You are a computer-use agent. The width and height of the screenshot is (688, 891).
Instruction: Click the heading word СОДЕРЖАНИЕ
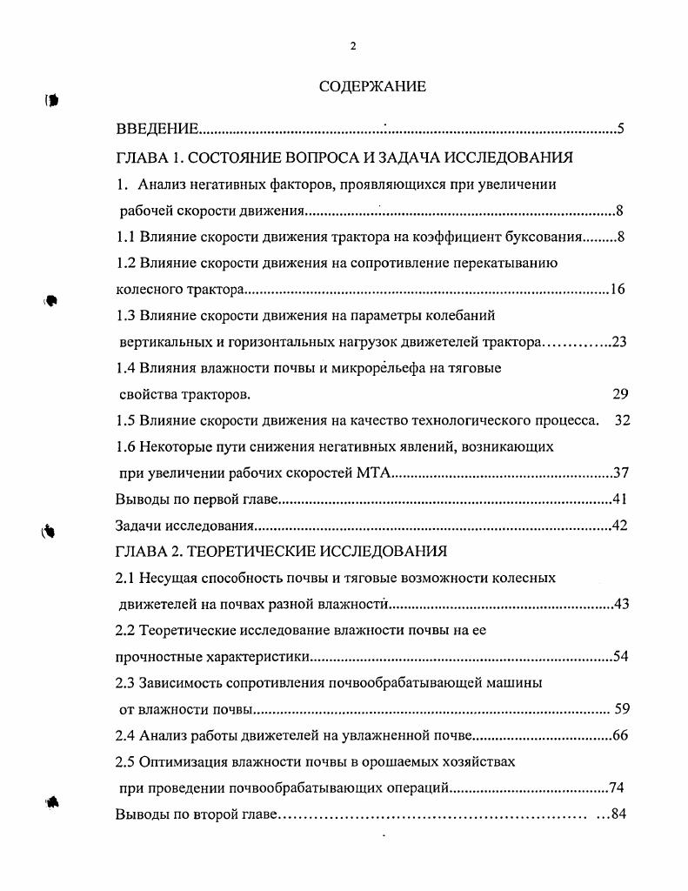tap(372, 86)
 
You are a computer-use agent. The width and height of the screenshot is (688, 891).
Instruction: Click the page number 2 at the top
tap(352, 46)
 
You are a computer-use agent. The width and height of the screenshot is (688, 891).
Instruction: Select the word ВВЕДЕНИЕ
tap(157, 131)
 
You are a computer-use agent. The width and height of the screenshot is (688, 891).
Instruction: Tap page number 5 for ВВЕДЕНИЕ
tap(621, 131)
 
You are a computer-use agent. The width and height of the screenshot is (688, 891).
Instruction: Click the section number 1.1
tap(127, 236)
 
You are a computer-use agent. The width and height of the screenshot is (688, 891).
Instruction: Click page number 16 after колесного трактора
tap(617, 289)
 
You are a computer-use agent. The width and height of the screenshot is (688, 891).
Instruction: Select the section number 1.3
tap(127, 315)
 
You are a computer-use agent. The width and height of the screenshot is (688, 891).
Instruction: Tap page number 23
tap(619, 342)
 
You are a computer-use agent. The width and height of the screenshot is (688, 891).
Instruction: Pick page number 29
tap(620, 394)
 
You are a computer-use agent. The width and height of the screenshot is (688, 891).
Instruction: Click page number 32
tap(622, 420)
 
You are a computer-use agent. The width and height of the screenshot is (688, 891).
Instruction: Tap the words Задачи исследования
tap(184, 526)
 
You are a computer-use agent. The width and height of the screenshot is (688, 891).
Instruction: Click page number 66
tap(620, 735)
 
